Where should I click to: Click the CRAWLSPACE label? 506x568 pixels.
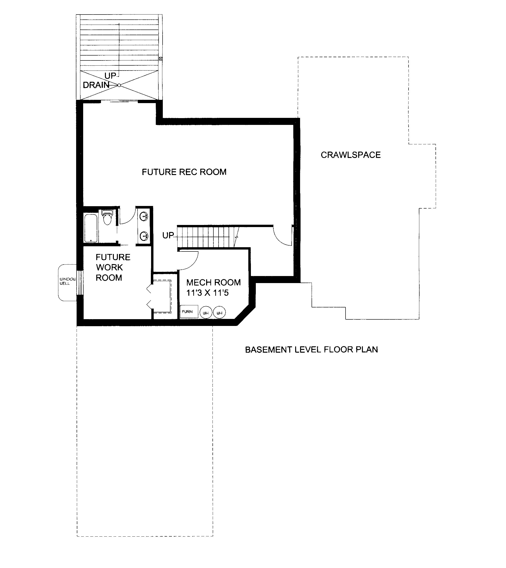click(x=351, y=155)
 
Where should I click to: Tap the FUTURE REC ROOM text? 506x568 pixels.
click(x=184, y=172)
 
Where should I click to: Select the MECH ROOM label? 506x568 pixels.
click(x=213, y=282)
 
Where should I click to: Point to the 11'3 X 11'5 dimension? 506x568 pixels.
click(x=207, y=293)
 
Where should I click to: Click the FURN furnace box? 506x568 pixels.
click(x=189, y=312)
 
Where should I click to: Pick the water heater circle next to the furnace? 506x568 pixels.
click(x=206, y=313)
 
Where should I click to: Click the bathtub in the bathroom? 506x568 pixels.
click(x=91, y=228)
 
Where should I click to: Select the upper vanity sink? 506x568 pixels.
click(x=144, y=216)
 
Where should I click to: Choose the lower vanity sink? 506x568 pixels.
click(x=144, y=236)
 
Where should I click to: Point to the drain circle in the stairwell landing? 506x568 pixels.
click(x=119, y=85)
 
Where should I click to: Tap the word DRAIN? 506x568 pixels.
click(x=96, y=85)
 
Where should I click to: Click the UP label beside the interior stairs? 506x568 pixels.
click(x=168, y=235)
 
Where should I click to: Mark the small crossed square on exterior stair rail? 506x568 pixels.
click(x=160, y=59)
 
